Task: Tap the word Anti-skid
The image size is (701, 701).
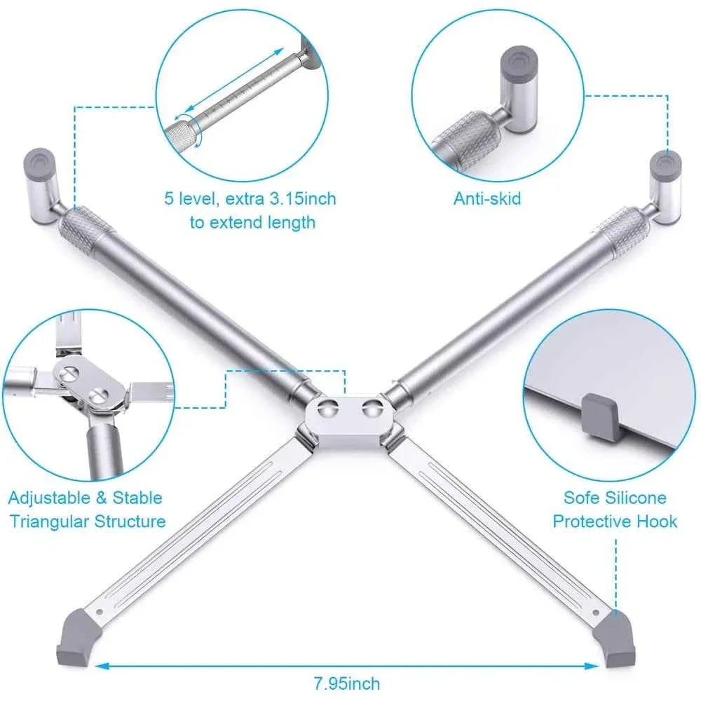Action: point(487,198)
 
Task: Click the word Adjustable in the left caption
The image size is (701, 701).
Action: point(46,498)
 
